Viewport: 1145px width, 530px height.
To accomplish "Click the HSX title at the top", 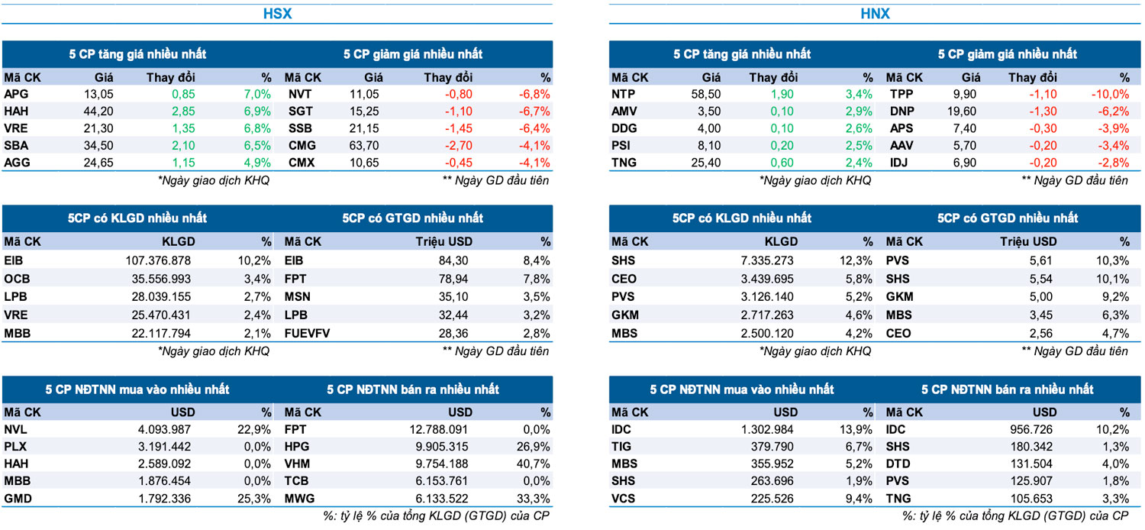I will (x=277, y=14).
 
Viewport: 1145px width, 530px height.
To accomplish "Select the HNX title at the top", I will (x=876, y=14).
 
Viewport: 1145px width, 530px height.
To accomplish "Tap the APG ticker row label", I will (x=15, y=94).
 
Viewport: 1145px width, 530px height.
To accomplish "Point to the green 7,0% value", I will (x=257, y=94).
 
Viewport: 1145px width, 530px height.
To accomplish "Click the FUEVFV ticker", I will (x=308, y=333).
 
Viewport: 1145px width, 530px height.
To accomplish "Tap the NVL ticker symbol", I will (x=15, y=429).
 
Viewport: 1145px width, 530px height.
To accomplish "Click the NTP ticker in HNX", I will (x=623, y=94).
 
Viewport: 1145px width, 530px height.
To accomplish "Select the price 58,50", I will (x=705, y=94).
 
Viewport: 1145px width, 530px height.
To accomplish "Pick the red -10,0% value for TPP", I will (x=1110, y=94).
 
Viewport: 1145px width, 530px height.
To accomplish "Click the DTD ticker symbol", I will (x=899, y=464).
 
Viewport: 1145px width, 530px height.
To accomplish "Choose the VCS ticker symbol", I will (x=623, y=498).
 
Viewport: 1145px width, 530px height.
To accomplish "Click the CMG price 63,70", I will (x=368, y=145).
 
